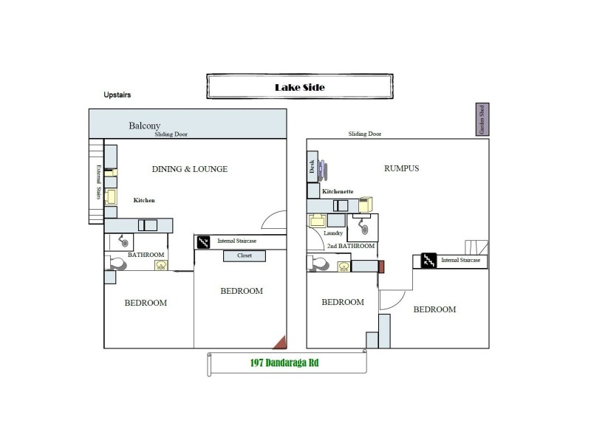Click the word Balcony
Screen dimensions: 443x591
click(x=145, y=126)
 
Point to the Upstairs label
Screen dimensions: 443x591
click(x=119, y=95)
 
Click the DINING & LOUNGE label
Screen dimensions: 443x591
click(x=190, y=169)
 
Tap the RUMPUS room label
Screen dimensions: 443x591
click(x=402, y=168)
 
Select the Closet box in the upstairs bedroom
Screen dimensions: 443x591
click(x=245, y=256)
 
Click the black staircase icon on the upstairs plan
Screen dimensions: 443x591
click(x=204, y=241)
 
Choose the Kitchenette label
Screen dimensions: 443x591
click(x=338, y=192)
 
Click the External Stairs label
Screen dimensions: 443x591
click(x=95, y=182)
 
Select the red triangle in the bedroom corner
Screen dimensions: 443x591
click(x=279, y=341)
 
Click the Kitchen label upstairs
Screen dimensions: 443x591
click(x=144, y=200)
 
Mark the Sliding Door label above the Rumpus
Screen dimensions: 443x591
click(x=366, y=134)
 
